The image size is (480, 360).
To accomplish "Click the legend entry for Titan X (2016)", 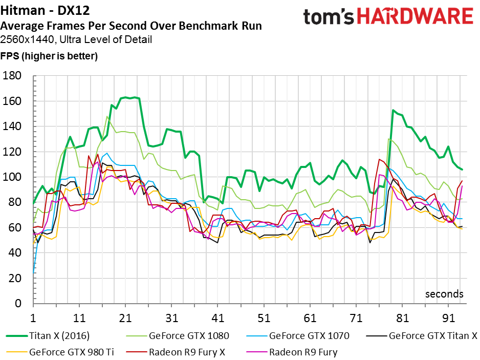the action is [48, 336].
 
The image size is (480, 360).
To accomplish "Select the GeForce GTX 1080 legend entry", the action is [178, 336].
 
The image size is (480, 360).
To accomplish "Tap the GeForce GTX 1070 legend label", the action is [309, 336].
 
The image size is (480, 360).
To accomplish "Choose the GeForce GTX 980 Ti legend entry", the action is [60, 352].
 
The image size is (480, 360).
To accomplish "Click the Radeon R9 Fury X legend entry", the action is [176, 352].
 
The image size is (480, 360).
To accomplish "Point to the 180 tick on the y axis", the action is [12, 76].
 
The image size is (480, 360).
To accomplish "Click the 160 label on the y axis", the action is [12, 101].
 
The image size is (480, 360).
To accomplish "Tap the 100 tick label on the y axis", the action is [12, 177].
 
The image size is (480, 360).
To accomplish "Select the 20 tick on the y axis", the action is [15, 278].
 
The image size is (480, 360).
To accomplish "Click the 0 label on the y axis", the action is [18, 303].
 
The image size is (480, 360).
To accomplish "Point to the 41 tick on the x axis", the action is [217, 318].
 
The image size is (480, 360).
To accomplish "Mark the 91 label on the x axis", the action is [448, 318].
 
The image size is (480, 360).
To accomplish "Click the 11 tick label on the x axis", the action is [79, 318].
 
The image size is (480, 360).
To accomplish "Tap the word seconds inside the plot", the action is [444, 294].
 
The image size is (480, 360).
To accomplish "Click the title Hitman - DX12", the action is [45, 10].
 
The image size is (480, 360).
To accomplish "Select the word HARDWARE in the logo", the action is [416, 16].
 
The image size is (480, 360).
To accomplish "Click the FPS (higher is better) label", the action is [49, 56].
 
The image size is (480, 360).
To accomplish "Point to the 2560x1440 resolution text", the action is [28, 40].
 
